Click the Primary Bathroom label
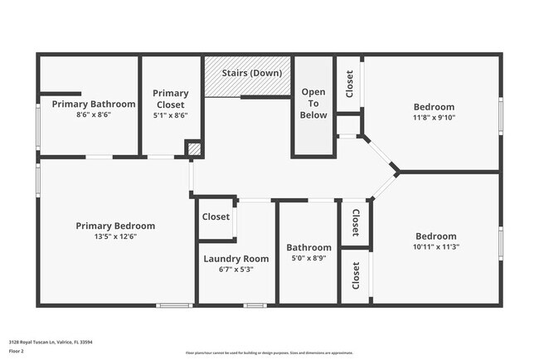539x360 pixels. point(94,104)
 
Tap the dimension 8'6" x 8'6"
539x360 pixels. point(94,114)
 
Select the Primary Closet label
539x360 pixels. point(172,99)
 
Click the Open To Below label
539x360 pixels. point(313,104)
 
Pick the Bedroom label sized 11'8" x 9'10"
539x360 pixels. point(435,106)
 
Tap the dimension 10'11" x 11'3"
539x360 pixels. point(436,246)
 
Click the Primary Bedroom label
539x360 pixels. point(115,226)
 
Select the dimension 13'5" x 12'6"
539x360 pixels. point(115,236)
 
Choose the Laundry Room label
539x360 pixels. point(236,259)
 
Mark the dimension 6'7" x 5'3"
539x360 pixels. point(236,270)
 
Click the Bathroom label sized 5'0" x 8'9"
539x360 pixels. point(309,247)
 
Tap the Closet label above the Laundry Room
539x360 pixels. point(216,216)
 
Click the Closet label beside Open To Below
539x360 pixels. point(349,83)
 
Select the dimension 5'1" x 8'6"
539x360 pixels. point(172,115)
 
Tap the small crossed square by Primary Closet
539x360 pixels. point(193,149)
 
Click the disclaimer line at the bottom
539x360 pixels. point(269,353)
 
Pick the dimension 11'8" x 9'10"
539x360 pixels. point(435,117)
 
